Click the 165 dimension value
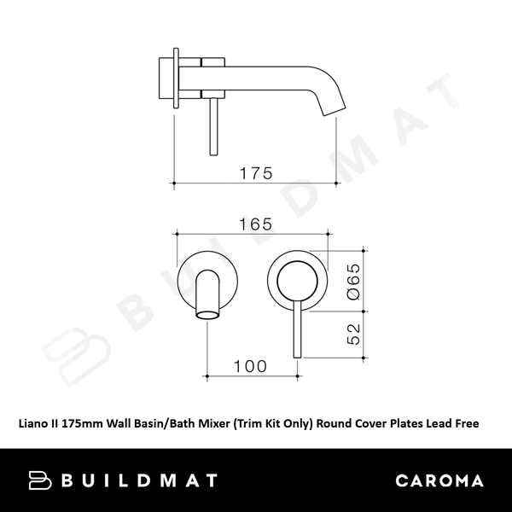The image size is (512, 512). tap(255, 224)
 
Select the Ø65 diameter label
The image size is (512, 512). tap(353, 280)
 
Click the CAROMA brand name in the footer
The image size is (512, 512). tap(440, 480)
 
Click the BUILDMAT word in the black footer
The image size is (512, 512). tap(140, 480)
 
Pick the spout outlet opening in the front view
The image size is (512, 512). tap(207, 317)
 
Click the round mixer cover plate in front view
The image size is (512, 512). tap(298, 278)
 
